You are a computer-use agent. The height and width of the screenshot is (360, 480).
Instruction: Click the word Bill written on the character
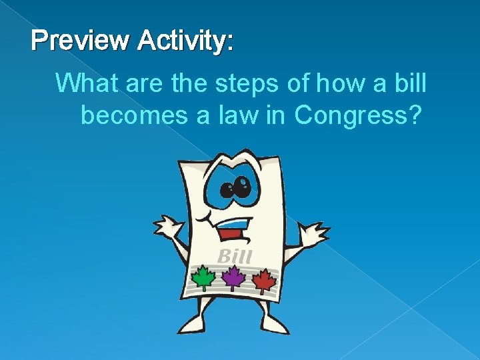pyautogui.click(x=234, y=256)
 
